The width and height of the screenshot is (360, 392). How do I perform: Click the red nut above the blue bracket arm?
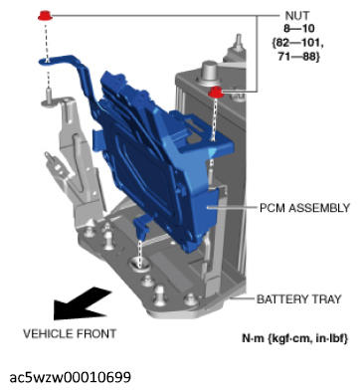click(45, 16)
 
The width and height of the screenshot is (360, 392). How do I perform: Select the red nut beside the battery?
click(216, 92)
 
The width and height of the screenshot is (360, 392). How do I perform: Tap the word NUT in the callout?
click(296, 16)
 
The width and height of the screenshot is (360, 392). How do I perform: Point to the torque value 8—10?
click(298, 29)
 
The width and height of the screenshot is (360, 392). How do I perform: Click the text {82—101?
click(296, 43)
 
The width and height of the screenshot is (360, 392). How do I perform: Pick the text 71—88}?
click(299, 57)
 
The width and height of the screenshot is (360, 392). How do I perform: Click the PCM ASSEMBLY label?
click(304, 208)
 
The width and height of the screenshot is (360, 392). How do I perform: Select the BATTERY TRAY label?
click(299, 298)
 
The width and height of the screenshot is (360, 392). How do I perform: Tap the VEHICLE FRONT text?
click(70, 333)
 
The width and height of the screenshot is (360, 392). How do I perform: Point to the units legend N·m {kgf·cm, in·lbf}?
click(295, 338)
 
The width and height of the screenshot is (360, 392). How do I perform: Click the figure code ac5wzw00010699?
click(71, 377)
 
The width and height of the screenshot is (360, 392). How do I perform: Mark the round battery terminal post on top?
click(210, 70)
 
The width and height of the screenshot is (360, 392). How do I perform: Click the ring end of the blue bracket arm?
click(47, 61)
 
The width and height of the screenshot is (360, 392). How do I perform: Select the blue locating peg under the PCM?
click(141, 226)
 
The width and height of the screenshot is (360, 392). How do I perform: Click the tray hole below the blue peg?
click(138, 263)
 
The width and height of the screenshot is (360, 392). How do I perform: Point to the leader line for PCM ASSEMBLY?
click(231, 208)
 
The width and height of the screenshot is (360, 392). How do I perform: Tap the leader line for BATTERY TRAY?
click(242, 298)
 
